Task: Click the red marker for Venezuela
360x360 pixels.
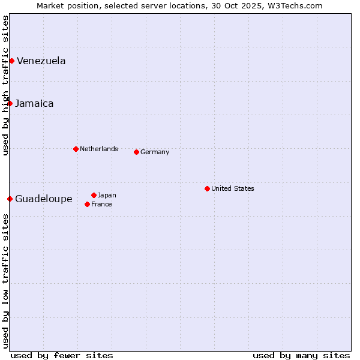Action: [11, 61]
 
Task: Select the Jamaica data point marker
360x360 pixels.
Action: [10, 103]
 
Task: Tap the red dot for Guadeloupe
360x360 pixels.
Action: [10, 199]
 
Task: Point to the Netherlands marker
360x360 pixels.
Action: [76, 149]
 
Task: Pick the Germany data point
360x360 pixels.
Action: [136, 152]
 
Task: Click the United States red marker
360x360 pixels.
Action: [207, 188]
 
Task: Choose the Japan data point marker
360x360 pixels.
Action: [94, 195]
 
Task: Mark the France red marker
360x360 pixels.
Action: [87, 204]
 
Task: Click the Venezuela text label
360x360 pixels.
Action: [41, 61]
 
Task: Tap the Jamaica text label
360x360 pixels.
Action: [34, 103]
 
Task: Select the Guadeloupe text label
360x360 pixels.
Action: [43, 199]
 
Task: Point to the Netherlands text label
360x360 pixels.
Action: [98, 149]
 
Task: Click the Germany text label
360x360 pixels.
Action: [155, 152]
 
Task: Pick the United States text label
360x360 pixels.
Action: [232, 188]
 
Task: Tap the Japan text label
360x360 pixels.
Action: [107, 195]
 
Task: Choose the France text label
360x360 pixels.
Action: [101, 204]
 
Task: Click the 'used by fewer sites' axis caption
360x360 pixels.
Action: [62, 355]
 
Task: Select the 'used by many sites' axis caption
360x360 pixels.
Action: [301, 355]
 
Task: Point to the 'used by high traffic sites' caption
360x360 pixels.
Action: [5, 85]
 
